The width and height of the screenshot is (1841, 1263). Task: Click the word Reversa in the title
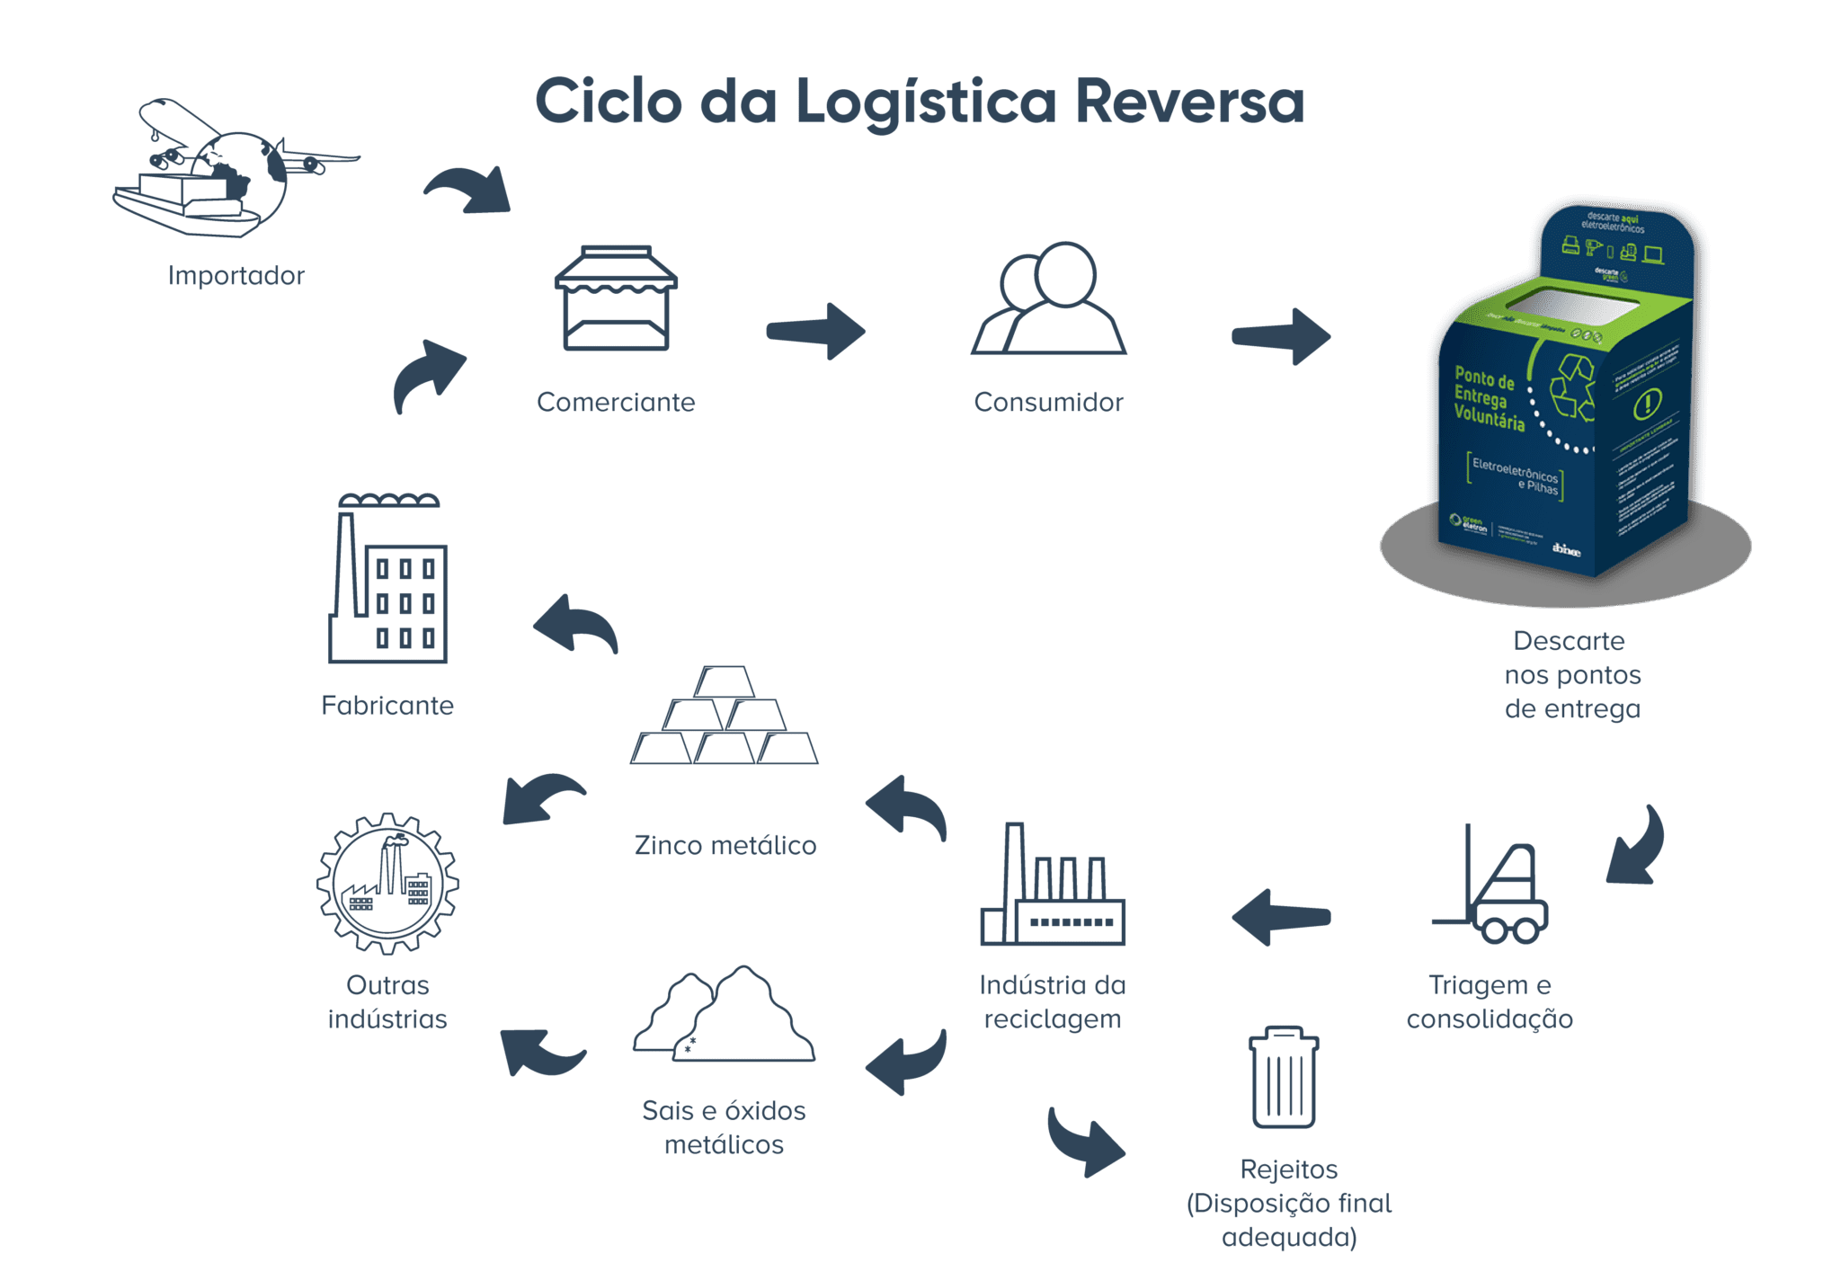point(1188,102)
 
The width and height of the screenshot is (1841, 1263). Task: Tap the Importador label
point(236,275)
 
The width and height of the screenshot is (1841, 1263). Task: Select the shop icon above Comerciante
point(616,298)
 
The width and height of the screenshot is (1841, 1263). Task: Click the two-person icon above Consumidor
point(1049,298)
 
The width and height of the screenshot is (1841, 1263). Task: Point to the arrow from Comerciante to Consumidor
point(816,332)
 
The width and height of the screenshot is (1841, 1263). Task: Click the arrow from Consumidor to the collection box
point(1282,336)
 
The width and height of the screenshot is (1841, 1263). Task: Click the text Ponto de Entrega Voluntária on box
point(1489,399)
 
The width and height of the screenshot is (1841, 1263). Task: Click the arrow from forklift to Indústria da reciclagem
point(1280,918)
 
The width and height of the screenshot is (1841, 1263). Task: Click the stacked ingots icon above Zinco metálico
point(725,716)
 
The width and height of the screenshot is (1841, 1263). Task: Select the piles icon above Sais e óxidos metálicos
point(725,1016)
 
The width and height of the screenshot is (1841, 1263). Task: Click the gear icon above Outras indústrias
point(387,883)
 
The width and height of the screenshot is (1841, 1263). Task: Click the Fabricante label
point(387,706)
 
